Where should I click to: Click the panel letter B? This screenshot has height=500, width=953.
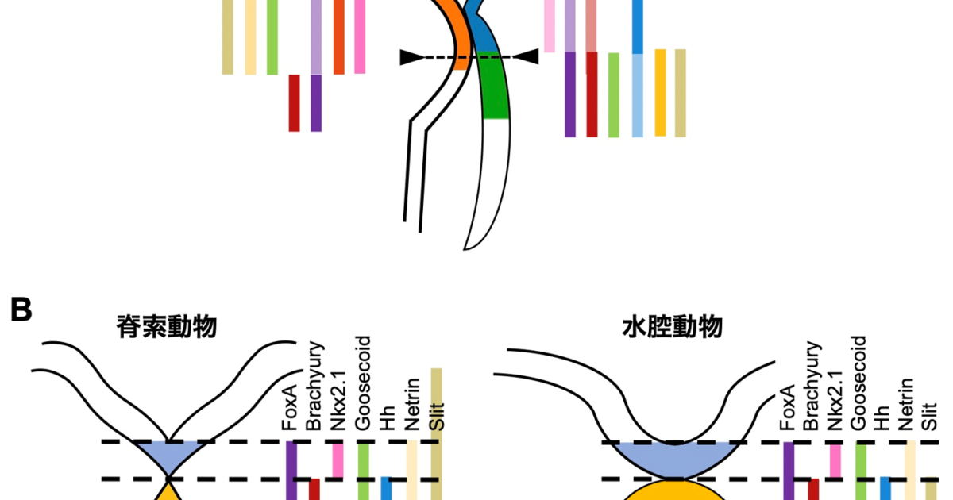click(21, 310)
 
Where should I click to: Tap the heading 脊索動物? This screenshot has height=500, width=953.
click(167, 327)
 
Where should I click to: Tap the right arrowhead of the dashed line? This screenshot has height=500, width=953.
click(527, 57)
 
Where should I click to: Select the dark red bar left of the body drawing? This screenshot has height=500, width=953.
click(294, 102)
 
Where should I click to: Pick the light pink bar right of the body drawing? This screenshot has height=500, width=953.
click(549, 26)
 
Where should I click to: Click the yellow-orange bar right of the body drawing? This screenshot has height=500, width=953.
click(660, 92)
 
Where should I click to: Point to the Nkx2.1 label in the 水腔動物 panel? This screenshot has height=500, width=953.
click(833, 400)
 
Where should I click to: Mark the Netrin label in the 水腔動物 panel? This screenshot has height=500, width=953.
click(907, 405)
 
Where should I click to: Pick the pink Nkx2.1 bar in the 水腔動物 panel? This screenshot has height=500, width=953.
click(834, 460)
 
